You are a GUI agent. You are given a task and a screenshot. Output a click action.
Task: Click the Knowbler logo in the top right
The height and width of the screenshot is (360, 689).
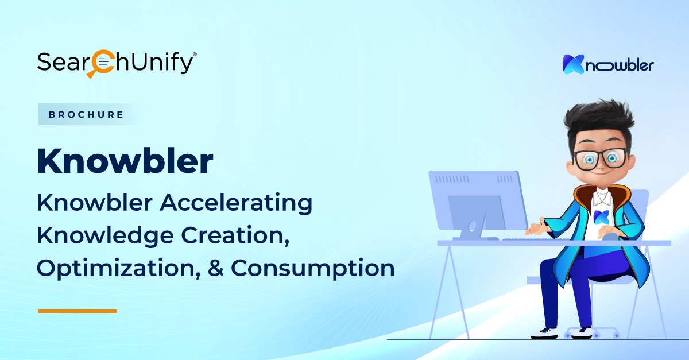(x=608, y=64)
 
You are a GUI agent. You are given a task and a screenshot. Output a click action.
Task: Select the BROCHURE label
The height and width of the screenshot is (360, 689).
(x=86, y=114)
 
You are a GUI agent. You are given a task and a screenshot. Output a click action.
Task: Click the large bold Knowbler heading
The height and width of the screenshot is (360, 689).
(x=125, y=161)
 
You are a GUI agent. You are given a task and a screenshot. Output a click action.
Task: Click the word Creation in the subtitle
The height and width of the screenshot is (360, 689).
(x=235, y=235)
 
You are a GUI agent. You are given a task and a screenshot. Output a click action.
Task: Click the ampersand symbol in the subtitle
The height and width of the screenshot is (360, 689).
(x=216, y=268)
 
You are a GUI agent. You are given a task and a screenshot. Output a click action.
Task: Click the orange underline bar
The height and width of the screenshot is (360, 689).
(x=77, y=311)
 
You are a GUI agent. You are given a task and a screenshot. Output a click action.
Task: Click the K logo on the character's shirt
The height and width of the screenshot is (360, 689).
(x=601, y=217)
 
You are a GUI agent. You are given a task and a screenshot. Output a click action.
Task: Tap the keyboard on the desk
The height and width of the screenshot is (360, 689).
(x=535, y=239)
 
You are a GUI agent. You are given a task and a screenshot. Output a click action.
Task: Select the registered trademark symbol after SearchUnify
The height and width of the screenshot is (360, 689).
(x=195, y=55)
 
